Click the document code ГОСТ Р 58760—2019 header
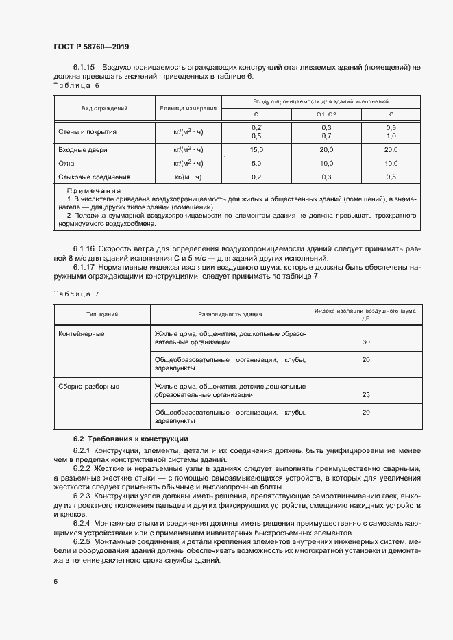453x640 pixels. point(90,47)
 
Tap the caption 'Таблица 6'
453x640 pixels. point(76,86)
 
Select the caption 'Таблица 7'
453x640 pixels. point(76,294)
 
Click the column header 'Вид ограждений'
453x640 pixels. point(104,108)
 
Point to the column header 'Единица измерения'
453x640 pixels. point(188,108)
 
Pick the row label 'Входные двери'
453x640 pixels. point(84,149)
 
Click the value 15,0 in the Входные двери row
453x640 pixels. point(256,149)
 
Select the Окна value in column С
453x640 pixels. point(256,163)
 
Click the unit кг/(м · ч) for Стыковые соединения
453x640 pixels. point(188,177)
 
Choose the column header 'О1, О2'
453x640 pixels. point(326,115)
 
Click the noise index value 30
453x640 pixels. point(365,342)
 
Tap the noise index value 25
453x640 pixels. point(365,395)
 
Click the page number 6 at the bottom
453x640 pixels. point(56,581)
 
